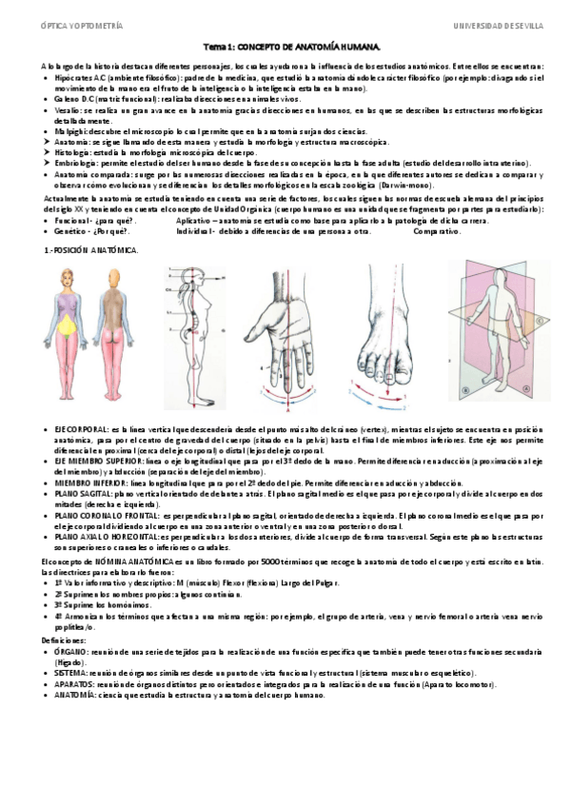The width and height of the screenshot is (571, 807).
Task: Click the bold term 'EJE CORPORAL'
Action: point(81,431)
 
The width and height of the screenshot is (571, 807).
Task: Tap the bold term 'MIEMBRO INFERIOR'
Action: point(89,482)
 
